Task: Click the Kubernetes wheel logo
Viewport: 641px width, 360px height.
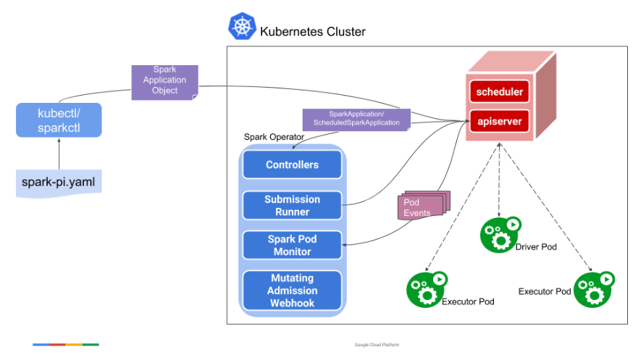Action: point(242,26)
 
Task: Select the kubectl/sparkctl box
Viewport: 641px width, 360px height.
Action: point(59,120)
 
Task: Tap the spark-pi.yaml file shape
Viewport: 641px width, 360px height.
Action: point(59,183)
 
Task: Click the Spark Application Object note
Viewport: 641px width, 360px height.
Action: point(164,83)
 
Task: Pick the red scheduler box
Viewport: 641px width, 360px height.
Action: point(499,91)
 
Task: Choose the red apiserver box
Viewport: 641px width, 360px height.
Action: point(499,122)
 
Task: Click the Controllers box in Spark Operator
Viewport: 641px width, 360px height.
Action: point(293,164)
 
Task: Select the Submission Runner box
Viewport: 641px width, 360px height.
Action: point(293,206)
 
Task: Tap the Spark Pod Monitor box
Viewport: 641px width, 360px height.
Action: point(293,245)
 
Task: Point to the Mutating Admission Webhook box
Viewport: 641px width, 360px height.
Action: point(293,290)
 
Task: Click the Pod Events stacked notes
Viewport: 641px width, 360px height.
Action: point(424,206)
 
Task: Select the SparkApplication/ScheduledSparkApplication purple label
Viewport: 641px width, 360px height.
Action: point(356,120)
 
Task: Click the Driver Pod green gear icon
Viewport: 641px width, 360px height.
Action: point(500,235)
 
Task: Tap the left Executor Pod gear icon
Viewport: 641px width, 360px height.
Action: point(427,289)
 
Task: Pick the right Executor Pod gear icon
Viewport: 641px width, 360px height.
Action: point(594,289)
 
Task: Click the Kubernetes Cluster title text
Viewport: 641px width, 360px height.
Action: point(313,31)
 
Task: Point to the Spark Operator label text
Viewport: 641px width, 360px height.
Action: point(274,137)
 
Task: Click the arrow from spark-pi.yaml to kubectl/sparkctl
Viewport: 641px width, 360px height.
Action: point(59,154)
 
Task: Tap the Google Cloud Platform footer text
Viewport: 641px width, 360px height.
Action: point(377,345)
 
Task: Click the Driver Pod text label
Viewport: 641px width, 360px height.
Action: point(536,247)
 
